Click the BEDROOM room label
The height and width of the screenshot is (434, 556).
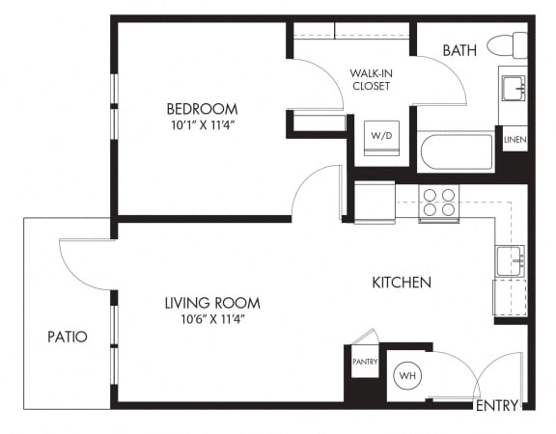tap(202, 109)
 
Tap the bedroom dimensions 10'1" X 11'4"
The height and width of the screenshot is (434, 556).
tap(204, 125)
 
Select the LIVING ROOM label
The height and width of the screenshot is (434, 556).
tap(212, 303)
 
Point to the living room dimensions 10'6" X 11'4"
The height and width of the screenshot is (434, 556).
tap(213, 319)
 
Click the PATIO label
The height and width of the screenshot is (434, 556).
tap(68, 337)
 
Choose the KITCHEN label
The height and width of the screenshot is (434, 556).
tap(402, 283)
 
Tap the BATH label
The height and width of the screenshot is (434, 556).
tap(459, 50)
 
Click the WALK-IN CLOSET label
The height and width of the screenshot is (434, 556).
tap(372, 80)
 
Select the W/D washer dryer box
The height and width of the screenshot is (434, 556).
tap(381, 138)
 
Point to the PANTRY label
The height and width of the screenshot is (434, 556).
tap(365, 362)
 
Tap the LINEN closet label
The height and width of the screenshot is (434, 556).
tap(515, 140)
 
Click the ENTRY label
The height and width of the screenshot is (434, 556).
tap(497, 405)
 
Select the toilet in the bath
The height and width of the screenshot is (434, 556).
tap(508, 45)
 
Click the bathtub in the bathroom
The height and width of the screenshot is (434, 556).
tap(456, 152)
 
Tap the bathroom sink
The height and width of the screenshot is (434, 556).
tap(514, 88)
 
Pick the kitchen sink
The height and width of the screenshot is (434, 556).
tap(510, 261)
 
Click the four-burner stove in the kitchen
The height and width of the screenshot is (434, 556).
tap(439, 203)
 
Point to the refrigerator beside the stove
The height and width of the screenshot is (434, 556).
tap(375, 203)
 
